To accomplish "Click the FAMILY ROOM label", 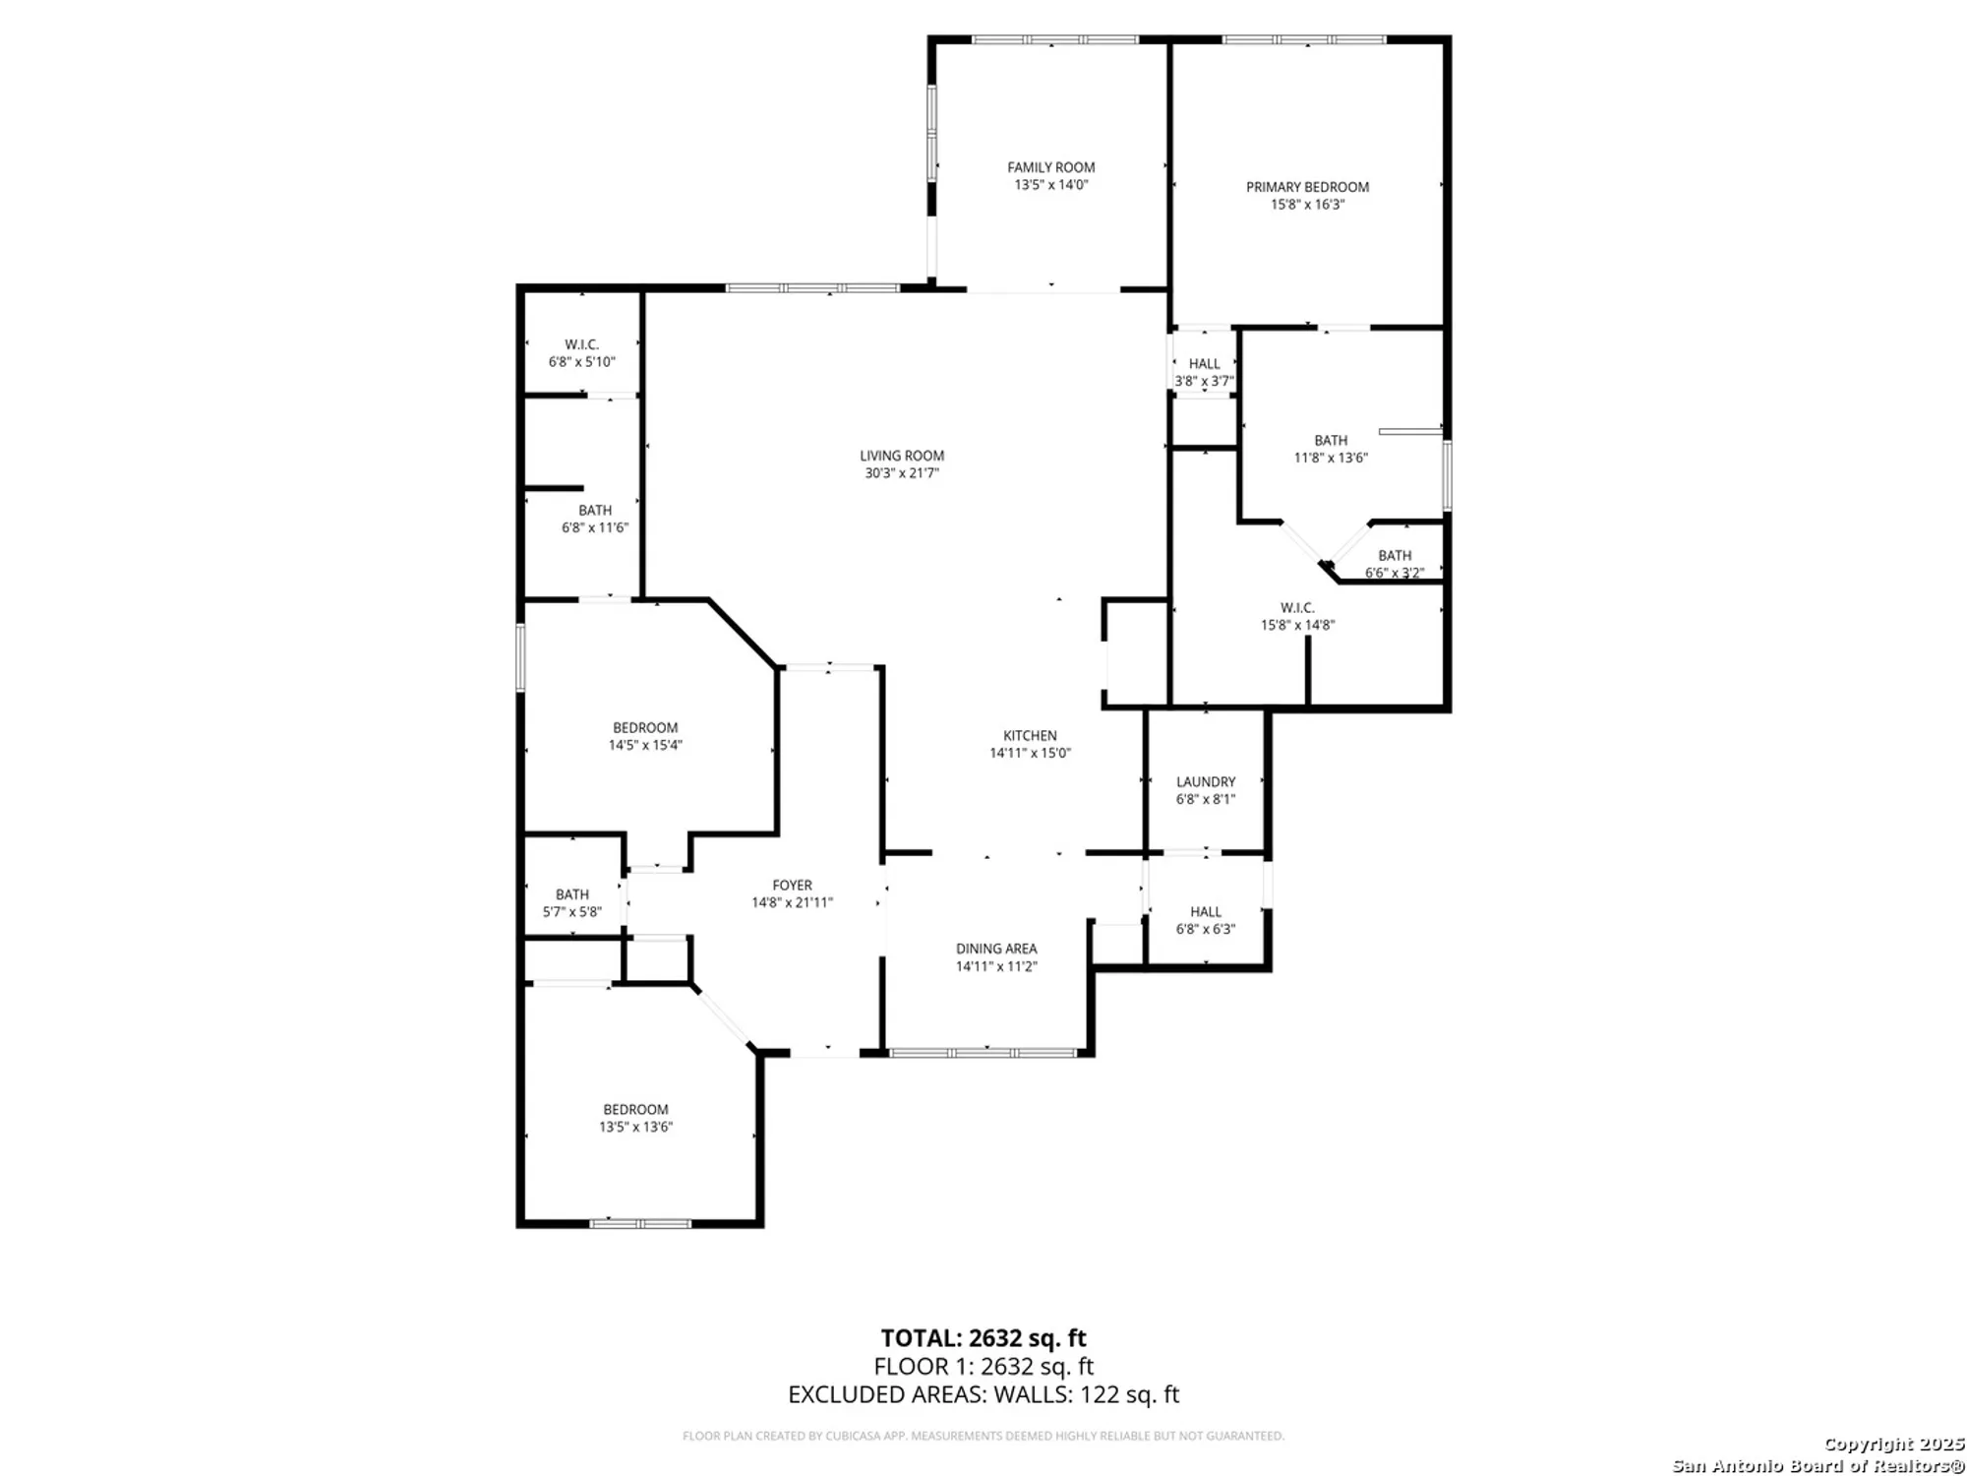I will pyautogui.click(x=1050, y=167).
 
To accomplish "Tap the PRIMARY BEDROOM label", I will pyautogui.click(x=1307, y=187).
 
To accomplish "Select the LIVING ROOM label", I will pyautogui.click(x=902, y=456).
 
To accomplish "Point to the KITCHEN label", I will pyautogui.click(x=1030, y=736).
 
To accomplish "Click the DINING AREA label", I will pyautogui.click(x=996, y=949).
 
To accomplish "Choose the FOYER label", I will pyautogui.click(x=792, y=886).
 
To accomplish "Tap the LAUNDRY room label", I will pyautogui.click(x=1206, y=782).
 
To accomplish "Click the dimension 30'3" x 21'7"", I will pyautogui.click(x=902, y=473).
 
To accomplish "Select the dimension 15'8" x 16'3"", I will pyautogui.click(x=1307, y=205).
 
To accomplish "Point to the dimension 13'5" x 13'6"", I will pyautogui.click(x=635, y=1128).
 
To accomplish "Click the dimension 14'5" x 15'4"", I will pyautogui.click(x=645, y=746).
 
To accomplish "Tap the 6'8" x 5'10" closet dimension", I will pyautogui.click(x=581, y=362).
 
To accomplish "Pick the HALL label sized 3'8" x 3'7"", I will pyautogui.click(x=1204, y=364).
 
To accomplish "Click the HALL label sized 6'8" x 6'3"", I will pyautogui.click(x=1206, y=912).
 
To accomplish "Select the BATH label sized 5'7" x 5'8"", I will pyautogui.click(x=572, y=894).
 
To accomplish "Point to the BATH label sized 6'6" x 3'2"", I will pyautogui.click(x=1395, y=556).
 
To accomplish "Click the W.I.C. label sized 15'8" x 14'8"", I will pyautogui.click(x=1297, y=608).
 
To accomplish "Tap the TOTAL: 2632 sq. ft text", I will pyautogui.click(x=983, y=1338).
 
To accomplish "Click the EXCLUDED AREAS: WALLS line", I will pyautogui.click(x=983, y=1394).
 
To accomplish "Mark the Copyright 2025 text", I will pyautogui.click(x=1893, y=1445).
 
